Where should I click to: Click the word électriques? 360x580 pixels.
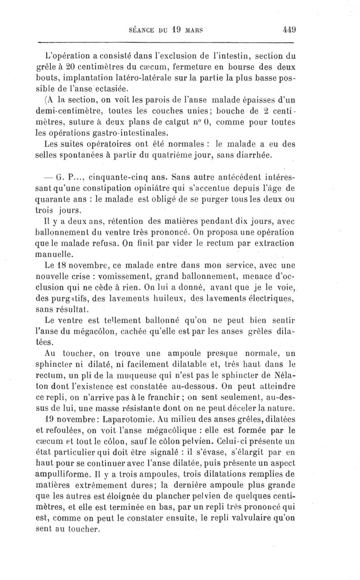click(x=272, y=298)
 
